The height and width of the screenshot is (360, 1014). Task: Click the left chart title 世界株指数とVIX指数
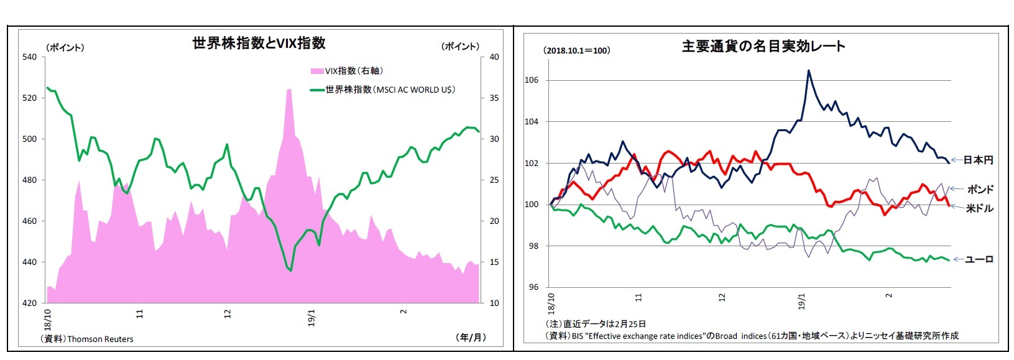pyautogui.click(x=259, y=43)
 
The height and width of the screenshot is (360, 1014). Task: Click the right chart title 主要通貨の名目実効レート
pyautogui.click(x=763, y=46)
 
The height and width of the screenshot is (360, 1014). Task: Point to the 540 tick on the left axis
pyautogui.click(x=29, y=57)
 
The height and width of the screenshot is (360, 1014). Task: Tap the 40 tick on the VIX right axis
pyautogui.click(x=494, y=57)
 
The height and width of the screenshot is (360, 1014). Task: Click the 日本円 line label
pyautogui.click(x=978, y=160)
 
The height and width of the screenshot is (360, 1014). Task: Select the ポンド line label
pyautogui.click(x=980, y=189)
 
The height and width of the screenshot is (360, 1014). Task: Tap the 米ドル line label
pyautogui.click(x=979, y=208)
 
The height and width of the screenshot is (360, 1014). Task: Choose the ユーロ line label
pyautogui.click(x=979, y=259)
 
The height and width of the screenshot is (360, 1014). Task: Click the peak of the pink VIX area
pyautogui.click(x=289, y=90)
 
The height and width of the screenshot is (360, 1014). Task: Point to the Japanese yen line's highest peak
pyautogui.click(x=808, y=70)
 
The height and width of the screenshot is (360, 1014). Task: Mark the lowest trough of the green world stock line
pyautogui.click(x=290, y=270)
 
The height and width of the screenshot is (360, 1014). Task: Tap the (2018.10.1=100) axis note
pyautogui.click(x=576, y=50)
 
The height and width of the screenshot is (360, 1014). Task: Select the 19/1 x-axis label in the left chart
pyautogui.click(x=311, y=318)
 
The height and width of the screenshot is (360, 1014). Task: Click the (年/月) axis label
pyautogui.click(x=471, y=337)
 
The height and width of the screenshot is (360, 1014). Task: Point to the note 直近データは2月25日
pyautogui.click(x=596, y=324)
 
